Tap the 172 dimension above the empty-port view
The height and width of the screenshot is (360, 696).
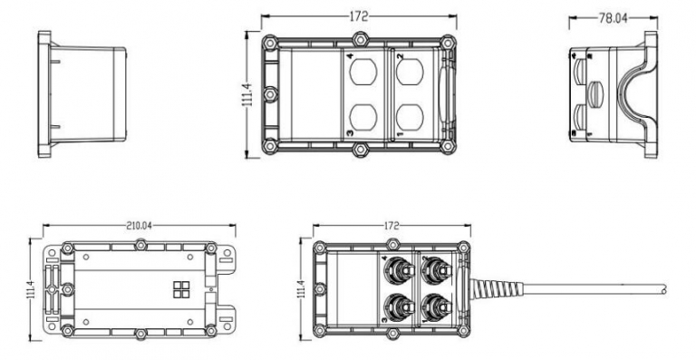click(x=360, y=17)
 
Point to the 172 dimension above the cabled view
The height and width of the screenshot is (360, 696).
click(x=391, y=224)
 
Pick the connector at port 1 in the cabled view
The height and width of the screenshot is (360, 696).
click(x=435, y=304)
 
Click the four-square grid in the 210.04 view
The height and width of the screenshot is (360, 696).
click(x=179, y=289)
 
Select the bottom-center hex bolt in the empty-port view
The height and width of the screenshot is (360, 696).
click(x=360, y=147)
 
